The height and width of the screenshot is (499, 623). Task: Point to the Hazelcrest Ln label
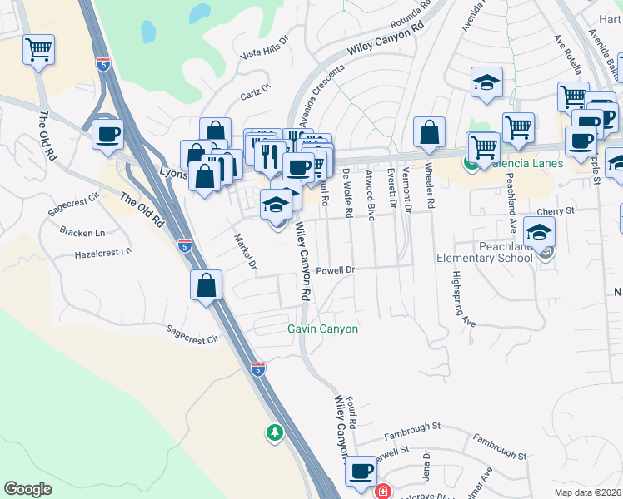click(x=103, y=252)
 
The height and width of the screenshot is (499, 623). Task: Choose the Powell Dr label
click(x=336, y=270)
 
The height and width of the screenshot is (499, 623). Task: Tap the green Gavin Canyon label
click(x=323, y=329)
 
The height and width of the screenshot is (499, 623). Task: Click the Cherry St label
click(x=556, y=211)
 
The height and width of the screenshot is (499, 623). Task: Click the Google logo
click(x=27, y=489)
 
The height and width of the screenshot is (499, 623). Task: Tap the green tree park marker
click(x=274, y=432)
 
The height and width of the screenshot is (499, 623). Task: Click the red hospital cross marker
click(x=382, y=492)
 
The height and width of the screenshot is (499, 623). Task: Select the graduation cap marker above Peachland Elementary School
click(x=540, y=232)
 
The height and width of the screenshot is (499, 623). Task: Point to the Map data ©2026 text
click(x=588, y=492)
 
